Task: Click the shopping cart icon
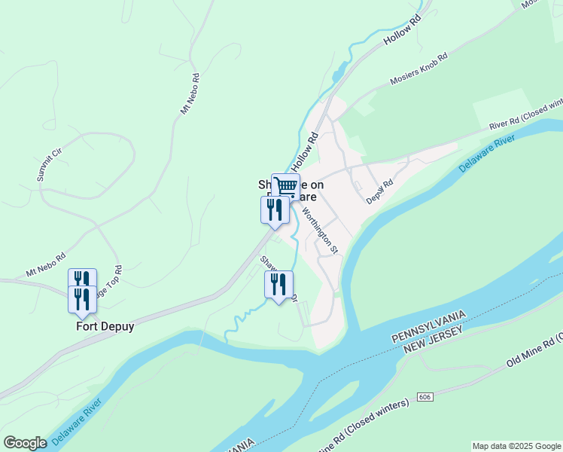[x=285, y=186]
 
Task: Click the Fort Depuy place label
[x=105, y=327]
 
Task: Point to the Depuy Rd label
[x=380, y=191]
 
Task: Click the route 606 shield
[x=425, y=397]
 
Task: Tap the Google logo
[x=25, y=443]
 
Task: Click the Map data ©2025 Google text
[x=516, y=446]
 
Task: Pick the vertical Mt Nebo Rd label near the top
[x=190, y=93]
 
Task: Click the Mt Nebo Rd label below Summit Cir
[x=46, y=264]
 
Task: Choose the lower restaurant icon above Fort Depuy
[x=82, y=298]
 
